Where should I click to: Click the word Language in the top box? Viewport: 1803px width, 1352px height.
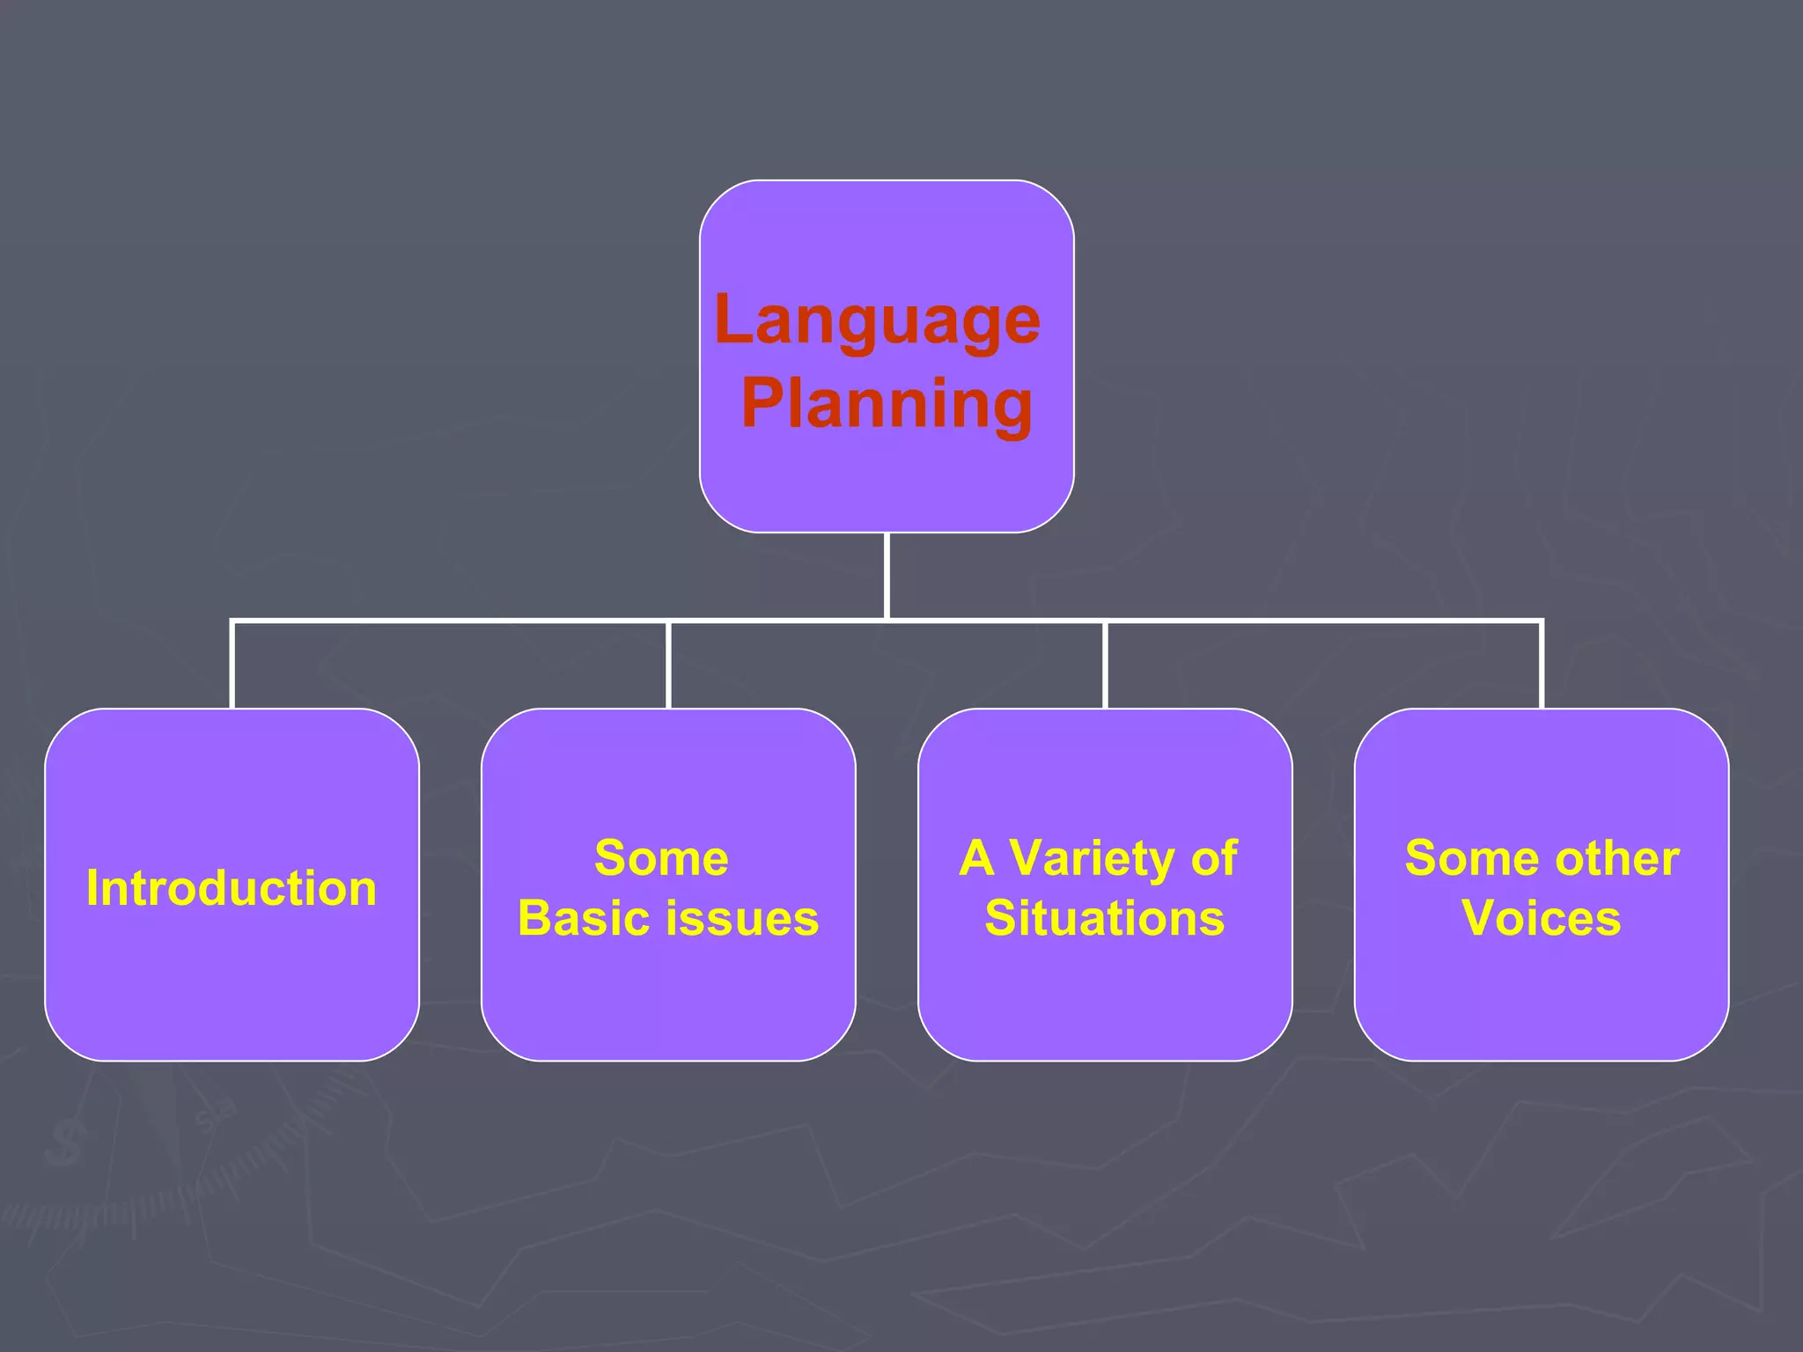click(x=878, y=321)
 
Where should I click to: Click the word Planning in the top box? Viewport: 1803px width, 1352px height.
click(x=887, y=404)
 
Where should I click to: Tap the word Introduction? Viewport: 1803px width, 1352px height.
click(x=232, y=888)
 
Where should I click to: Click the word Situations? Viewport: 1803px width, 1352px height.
click(x=1104, y=918)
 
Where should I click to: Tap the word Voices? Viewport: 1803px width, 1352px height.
click(x=1541, y=918)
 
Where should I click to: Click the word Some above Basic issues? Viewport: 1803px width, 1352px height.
click(x=661, y=858)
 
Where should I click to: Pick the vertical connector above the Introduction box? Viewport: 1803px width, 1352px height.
click(x=232, y=665)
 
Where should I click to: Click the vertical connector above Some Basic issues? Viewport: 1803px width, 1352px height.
click(x=668, y=665)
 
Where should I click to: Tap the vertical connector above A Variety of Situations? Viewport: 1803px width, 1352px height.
click(x=1105, y=665)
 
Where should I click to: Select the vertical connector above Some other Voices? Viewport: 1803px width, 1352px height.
click(x=1542, y=665)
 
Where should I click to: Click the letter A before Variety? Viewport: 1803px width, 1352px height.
click(x=977, y=858)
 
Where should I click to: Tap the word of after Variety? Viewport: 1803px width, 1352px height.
click(x=1214, y=858)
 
